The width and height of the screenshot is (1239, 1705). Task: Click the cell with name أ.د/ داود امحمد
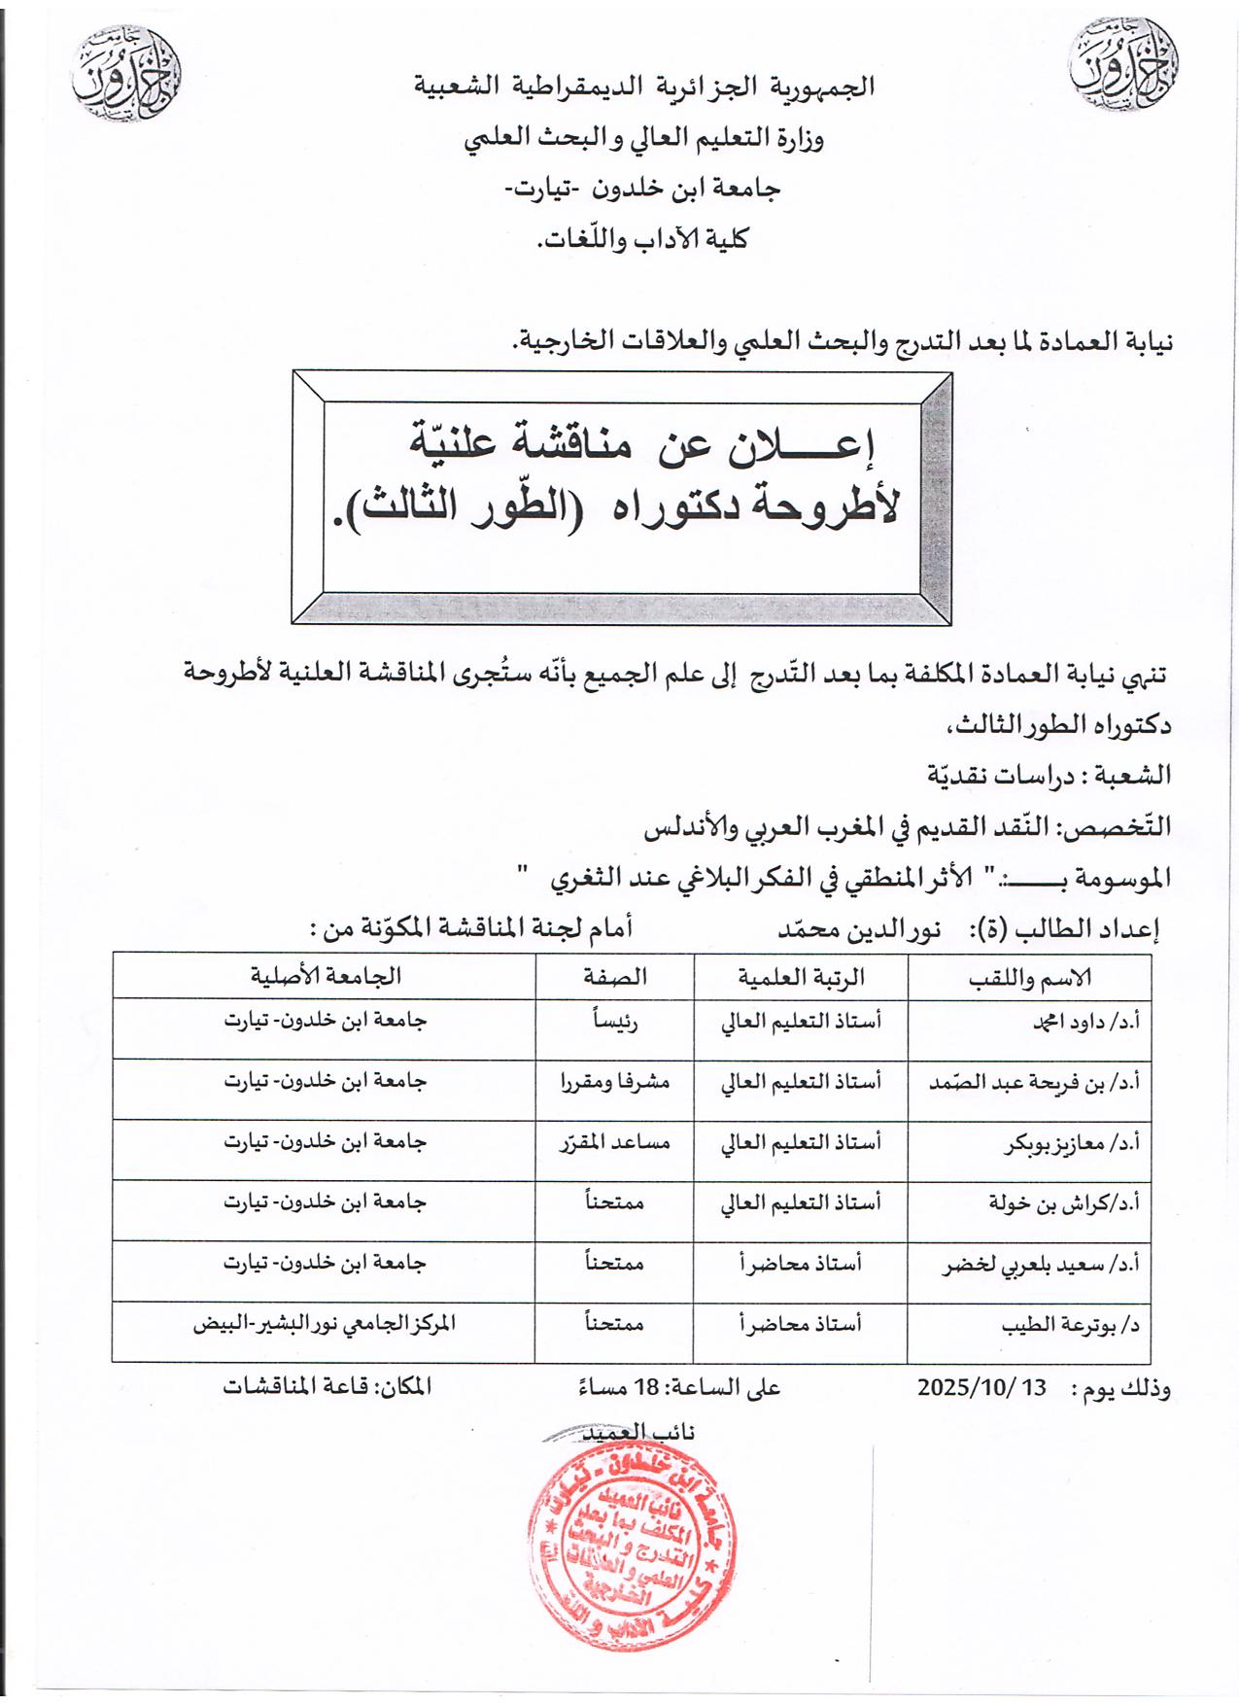click(x=1078, y=1024)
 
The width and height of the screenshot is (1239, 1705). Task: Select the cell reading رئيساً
click(x=615, y=1023)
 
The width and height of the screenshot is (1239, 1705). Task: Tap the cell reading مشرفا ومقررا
click(x=615, y=1083)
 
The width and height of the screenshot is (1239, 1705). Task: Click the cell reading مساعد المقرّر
click(x=615, y=1143)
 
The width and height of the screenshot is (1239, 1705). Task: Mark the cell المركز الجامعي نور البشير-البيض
click(x=325, y=1325)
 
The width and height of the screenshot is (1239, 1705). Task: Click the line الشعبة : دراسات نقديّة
click(x=1050, y=776)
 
